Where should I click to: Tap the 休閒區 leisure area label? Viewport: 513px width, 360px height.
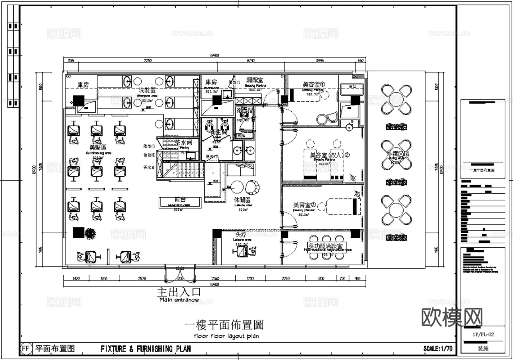242,200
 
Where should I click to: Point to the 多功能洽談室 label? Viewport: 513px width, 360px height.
327,246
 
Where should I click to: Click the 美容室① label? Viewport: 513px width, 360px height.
313,85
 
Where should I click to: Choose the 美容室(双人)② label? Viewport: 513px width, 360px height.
330,155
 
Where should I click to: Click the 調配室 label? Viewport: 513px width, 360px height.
255,80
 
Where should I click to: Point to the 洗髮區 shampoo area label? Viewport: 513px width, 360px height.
147,90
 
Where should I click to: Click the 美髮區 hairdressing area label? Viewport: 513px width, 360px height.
98,148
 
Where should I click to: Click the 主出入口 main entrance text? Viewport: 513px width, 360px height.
179,292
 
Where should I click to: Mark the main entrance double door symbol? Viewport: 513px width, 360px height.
180,274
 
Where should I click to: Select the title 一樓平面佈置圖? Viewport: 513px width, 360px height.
224,325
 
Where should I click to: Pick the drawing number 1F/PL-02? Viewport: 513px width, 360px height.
483,334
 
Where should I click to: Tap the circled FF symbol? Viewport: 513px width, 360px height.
26,348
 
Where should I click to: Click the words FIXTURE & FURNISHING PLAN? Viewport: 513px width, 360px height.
146,348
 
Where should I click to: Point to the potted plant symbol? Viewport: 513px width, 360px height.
91,234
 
